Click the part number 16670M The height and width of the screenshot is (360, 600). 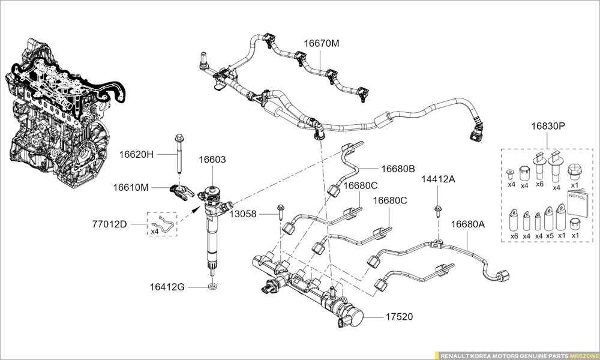pos(321,44)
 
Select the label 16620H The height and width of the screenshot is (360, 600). pos(136,154)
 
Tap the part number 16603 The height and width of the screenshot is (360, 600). pos(212,160)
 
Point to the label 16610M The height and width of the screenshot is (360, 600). pos(131,188)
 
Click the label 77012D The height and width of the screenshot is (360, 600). pos(109,224)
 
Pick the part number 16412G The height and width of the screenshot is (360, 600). pos(167,287)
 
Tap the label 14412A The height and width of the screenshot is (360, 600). pos(438,179)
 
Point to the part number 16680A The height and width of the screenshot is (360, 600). pos(468,224)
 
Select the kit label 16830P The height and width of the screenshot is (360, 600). pos(547,127)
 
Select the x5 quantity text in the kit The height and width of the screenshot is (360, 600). pos(550,236)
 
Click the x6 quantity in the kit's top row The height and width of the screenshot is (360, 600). pos(539,185)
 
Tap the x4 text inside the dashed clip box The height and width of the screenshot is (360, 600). pos(154,231)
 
